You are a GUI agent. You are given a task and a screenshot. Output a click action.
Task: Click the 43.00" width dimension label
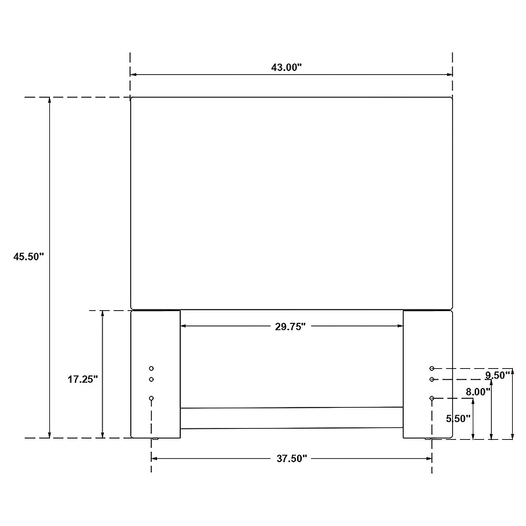coord(287,68)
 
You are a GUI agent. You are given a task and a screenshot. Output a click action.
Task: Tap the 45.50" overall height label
coord(28,256)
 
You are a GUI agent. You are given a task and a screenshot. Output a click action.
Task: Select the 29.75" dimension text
coord(291,326)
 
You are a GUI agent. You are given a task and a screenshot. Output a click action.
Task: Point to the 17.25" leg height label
coord(83,379)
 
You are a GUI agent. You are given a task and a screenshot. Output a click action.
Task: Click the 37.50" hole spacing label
coord(292,458)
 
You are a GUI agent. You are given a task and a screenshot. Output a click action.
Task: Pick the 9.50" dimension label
coord(498,375)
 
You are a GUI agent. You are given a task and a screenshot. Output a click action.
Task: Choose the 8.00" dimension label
coord(478,391)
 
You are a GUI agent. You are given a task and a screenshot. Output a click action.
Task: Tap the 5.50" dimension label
coord(458,418)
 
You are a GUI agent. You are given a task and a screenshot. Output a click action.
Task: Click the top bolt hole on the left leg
coord(151,368)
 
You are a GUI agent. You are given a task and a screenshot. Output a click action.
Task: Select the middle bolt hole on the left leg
coord(151,379)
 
